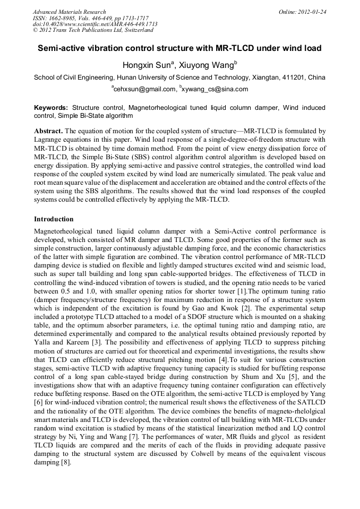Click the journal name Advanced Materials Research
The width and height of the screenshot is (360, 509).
[x=69, y=12]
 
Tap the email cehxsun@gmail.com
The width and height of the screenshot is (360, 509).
[x=144, y=89]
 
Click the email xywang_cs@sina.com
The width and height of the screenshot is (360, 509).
[x=215, y=89]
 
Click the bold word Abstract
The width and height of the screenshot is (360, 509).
[x=48, y=131]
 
